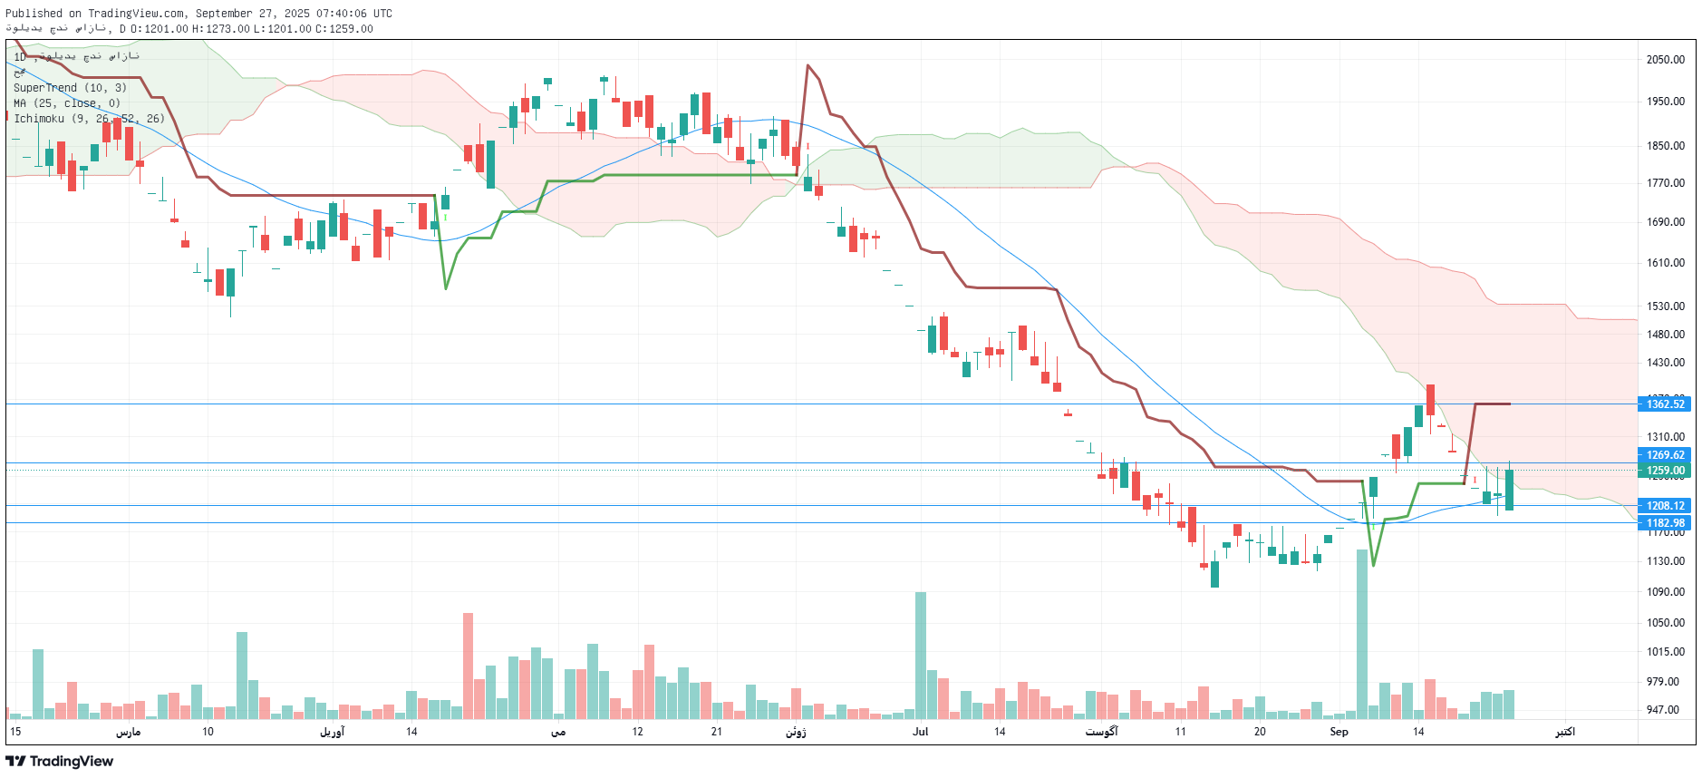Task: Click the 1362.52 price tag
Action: [1666, 404]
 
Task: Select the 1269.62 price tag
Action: [1666, 455]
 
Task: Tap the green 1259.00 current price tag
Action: [1666, 471]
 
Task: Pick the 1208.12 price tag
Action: [1666, 506]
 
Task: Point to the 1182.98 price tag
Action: [1666, 523]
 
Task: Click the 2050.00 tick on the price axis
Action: [1666, 60]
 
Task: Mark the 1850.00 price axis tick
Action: [1666, 146]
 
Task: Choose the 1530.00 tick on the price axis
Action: [1666, 306]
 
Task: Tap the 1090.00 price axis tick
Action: [1666, 592]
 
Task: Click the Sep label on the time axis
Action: [1339, 732]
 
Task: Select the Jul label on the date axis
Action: [921, 732]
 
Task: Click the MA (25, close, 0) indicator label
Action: [67, 103]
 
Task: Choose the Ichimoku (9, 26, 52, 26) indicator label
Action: [89, 119]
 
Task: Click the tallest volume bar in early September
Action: [1362, 635]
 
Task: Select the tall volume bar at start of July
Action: [921, 655]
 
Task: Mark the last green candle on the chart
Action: [1509, 490]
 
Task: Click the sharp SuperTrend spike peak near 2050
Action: [807, 65]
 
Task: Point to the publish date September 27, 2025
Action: [252, 14]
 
